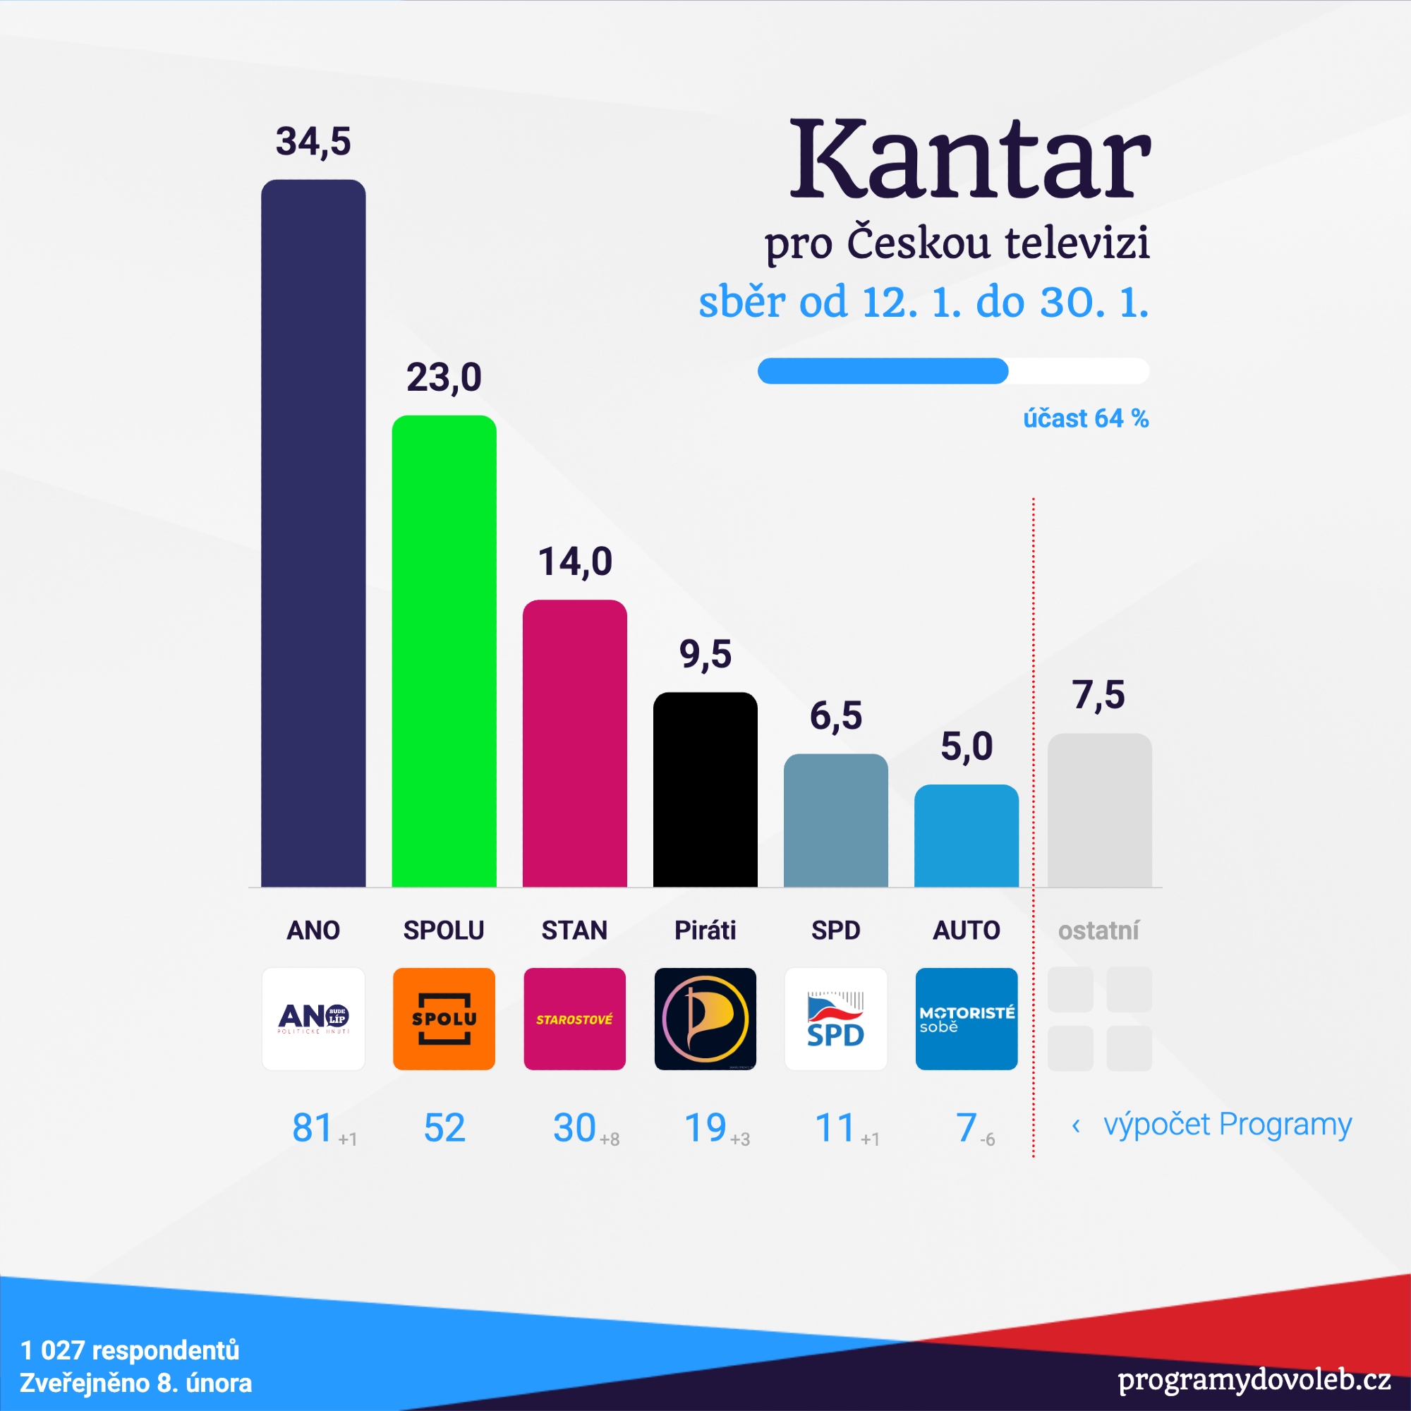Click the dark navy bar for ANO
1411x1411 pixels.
(313, 533)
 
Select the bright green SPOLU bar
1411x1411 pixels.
(444, 650)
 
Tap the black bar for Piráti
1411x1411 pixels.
(705, 789)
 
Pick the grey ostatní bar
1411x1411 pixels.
(1099, 810)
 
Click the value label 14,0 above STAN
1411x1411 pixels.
(575, 562)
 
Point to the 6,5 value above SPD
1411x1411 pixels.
(835, 715)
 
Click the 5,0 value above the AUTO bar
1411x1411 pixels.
(967, 746)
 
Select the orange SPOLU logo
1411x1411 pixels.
(444, 1019)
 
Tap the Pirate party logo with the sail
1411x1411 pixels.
(705, 1019)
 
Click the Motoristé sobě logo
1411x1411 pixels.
(967, 1019)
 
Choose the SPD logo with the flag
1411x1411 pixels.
(835, 1019)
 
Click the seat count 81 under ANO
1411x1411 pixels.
(313, 1127)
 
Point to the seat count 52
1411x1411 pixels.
(444, 1127)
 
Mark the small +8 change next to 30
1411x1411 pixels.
(609, 1139)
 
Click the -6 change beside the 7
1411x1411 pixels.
(988, 1139)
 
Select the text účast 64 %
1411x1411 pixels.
(1085, 418)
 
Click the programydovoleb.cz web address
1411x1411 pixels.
(1253, 1379)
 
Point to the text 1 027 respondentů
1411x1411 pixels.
(130, 1350)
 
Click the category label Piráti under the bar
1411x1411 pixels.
(705, 931)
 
